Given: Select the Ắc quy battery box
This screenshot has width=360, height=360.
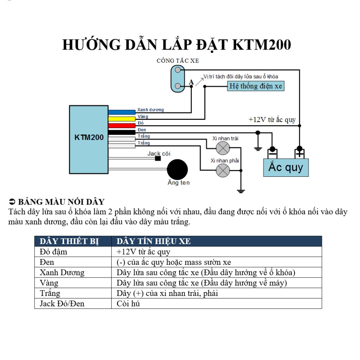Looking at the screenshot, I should tap(286, 167).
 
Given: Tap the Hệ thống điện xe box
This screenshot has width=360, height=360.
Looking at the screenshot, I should tap(256, 86).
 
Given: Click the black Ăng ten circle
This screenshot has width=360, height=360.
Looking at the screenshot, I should tap(177, 169).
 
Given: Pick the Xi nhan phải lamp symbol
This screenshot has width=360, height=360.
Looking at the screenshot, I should tap(222, 170).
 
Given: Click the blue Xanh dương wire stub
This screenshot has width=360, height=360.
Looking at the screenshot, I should tap(122, 112).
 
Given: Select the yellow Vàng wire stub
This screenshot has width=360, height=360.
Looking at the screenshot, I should tap(122, 119).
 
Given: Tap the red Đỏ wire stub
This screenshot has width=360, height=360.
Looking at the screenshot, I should tap(122, 125).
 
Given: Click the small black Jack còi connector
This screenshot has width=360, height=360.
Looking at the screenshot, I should tap(158, 158).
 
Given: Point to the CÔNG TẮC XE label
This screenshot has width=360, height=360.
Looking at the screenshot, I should tap(178, 61).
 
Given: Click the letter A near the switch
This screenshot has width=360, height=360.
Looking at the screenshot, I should tap(191, 82).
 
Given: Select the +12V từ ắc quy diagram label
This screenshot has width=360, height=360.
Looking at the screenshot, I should tap(272, 120).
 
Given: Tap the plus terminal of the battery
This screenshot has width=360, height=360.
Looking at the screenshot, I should tap(299, 152).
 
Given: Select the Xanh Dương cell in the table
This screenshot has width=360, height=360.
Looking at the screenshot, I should tap(62, 273).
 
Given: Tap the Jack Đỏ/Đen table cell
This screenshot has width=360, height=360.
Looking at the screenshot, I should tap(62, 303).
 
